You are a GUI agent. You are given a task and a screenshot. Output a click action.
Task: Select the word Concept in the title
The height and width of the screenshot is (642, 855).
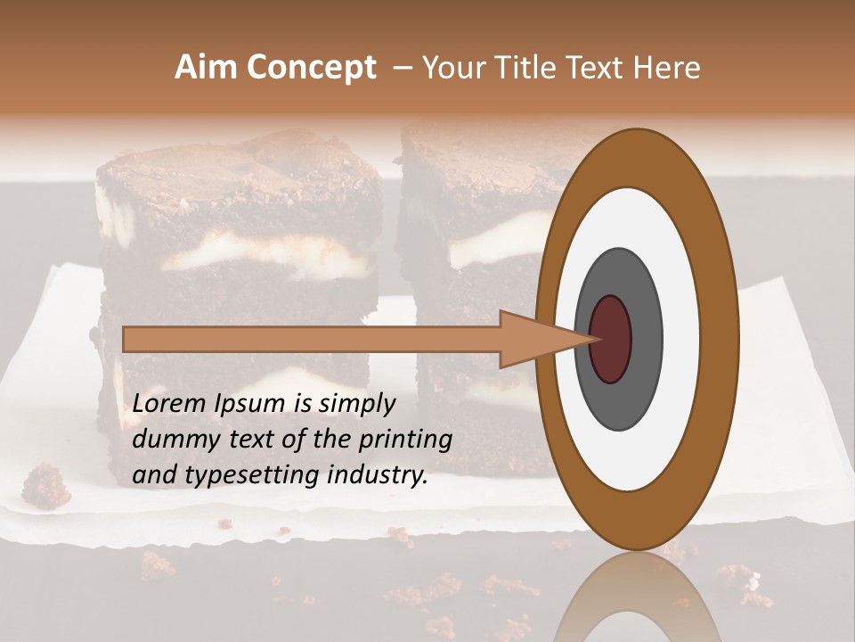pos(310,68)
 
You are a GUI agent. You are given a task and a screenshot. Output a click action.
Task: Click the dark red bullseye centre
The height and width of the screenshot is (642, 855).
pos(610,339)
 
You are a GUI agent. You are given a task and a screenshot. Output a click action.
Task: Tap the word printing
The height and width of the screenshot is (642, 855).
pos(405,440)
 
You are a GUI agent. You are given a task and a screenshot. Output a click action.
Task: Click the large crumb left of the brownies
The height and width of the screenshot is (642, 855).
pos(45,485)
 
